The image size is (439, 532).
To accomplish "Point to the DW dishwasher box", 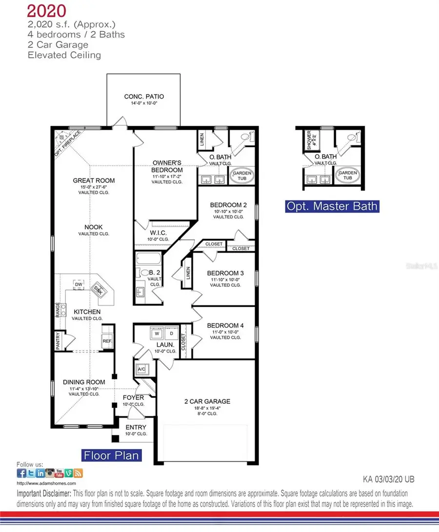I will (78, 284).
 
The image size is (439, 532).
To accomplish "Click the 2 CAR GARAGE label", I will (207, 401).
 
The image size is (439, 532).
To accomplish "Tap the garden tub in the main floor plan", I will (241, 176).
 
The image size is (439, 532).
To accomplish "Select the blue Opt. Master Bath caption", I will (332, 206).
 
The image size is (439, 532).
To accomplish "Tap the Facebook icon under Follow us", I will (21, 473).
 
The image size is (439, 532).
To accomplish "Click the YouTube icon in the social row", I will (59, 473).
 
